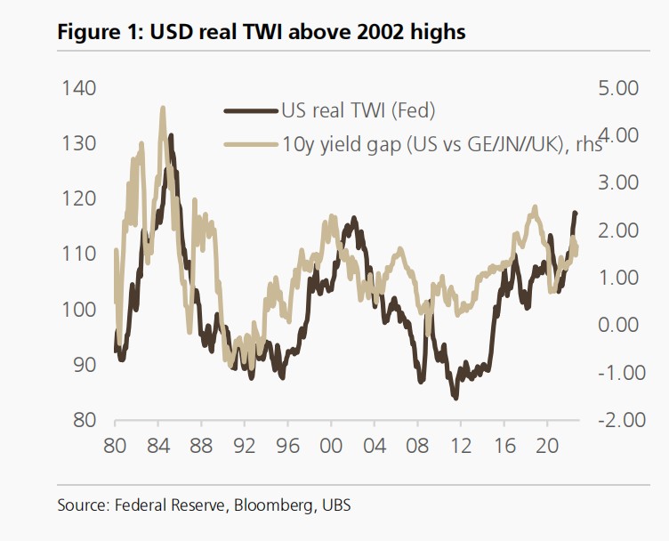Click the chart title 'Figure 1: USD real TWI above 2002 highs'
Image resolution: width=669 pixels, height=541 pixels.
coord(262,34)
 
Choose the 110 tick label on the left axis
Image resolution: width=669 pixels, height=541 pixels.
coord(78,254)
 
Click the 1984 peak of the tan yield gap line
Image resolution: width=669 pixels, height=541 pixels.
coord(163,108)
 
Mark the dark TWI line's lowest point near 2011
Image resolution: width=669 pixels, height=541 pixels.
coord(455,398)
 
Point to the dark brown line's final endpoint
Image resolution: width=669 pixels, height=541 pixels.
coord(576,213)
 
